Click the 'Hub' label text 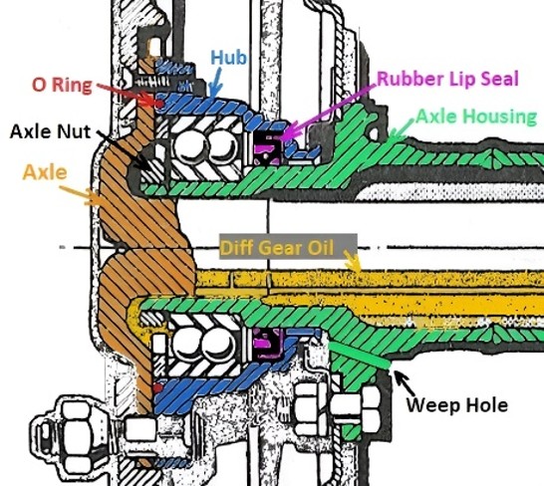[228, 57]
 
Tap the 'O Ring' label [62, 85]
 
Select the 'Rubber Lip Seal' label [447, 79]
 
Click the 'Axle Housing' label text [476, 117]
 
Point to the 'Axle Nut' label [50, 131]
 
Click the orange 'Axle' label [45, 172]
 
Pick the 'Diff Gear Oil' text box [288, 248]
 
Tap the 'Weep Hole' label [457, 404]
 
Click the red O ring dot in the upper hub [159, 103]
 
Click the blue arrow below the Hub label [216, 83]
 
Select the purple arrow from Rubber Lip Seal [328, 112]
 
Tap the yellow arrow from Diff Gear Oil [353, 260]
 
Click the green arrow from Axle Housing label [402, 128]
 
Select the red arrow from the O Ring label [128, 94]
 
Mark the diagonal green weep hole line [359, 355]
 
